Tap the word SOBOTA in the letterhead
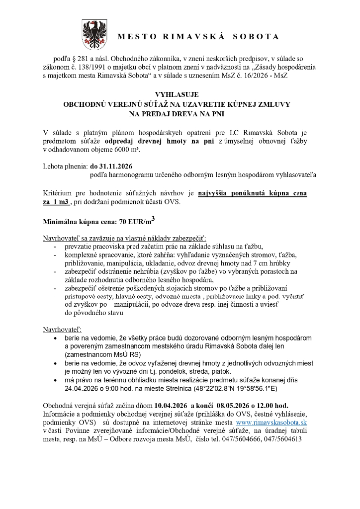258,37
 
